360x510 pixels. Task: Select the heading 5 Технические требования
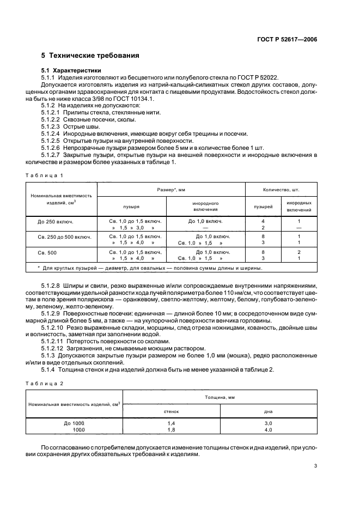(90, 56)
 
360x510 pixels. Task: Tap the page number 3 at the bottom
(315, 466)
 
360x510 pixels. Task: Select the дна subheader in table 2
(267, 411)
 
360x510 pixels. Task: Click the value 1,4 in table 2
(171, 423)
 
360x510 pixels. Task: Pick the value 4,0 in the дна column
(267, 430)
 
